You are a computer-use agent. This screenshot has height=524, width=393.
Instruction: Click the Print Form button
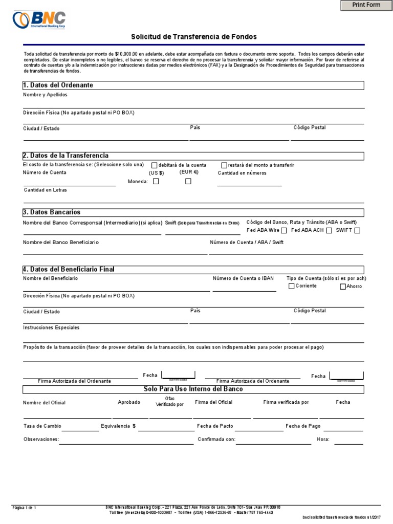coord(366,5)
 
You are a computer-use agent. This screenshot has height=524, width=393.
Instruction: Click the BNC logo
coord(39,20)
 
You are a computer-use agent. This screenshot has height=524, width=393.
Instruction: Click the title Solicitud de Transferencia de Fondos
coord(193,37)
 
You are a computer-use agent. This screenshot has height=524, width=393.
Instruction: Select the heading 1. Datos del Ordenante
coord(58,85)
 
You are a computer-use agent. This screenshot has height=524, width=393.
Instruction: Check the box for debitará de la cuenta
coord(154,165)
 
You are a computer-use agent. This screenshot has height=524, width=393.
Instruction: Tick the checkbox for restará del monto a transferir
coord(224,165)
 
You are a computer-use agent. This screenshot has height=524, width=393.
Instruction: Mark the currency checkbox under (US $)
coord(156,181)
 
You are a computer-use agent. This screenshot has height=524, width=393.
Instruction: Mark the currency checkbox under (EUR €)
coord(188,181)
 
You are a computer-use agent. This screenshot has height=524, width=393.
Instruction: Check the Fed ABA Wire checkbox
coord(284,230)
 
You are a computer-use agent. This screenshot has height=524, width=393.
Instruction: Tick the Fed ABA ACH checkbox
coord(329,230)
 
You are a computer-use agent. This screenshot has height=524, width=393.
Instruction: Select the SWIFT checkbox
coord(357,230)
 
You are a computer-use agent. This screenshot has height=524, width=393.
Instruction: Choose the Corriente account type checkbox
coord(292,286)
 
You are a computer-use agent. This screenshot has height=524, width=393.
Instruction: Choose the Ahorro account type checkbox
coord(343,287)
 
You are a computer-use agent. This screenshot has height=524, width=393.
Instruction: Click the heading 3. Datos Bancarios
coord(52,212)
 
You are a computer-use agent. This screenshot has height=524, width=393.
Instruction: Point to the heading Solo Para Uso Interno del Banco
coord(193,389)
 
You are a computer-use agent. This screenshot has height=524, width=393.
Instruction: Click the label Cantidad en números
coord(242,173)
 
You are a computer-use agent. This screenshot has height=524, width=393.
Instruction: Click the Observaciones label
coord(41,439)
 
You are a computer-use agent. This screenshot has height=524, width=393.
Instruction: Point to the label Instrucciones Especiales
coord(51,327)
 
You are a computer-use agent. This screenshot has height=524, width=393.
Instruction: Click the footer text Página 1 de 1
coord(24,508)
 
